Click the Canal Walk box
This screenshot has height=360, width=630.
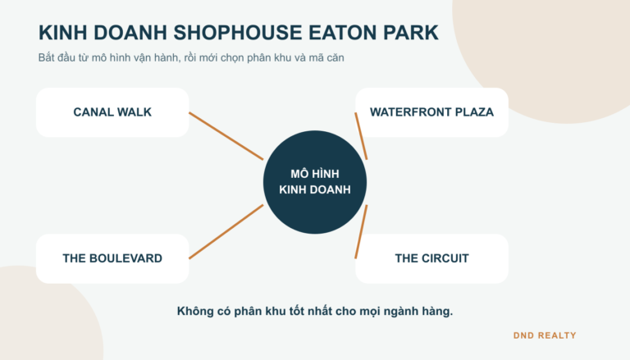pos(112,112)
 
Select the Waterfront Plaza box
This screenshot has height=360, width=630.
pos(432,112)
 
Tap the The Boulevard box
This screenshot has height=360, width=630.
pos(112,259)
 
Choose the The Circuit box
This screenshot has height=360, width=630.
pos(432,259)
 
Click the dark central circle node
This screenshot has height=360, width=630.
pos(315,182)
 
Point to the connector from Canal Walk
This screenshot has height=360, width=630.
pos(226,136)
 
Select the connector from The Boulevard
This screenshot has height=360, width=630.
pos(226,231)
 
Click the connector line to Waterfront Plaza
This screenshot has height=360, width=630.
pos(361,136)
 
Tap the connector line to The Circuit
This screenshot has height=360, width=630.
pos(361,231)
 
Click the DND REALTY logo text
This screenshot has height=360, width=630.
pos(545,335)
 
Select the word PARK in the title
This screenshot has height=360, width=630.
pos(411,33)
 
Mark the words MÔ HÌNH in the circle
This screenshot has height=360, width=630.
pos(315,174)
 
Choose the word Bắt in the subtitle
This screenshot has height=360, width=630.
pos(46,57)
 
